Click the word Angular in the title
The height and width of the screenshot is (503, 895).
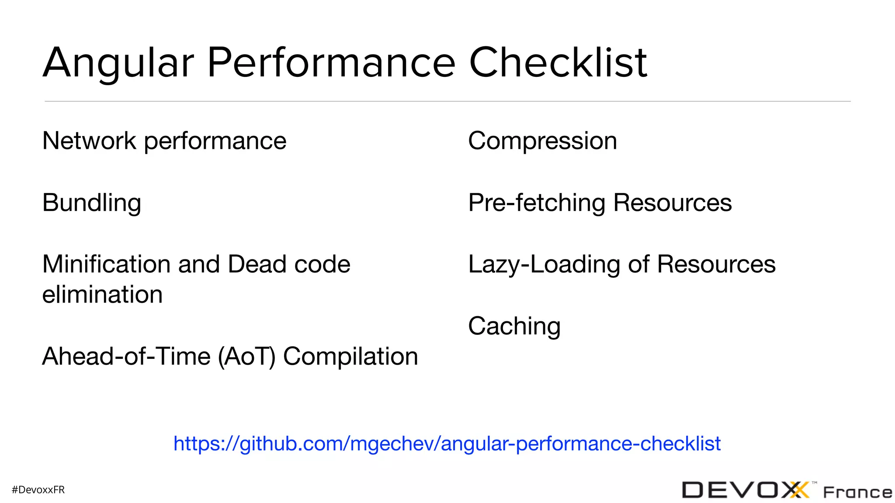(x=118, y=63)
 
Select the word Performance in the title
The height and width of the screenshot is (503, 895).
(x=331, y=63)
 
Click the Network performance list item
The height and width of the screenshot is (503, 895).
(x=164, y=141)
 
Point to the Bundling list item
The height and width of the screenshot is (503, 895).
(x=92, y=203)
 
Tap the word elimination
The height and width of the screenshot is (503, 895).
(x=102, y=294)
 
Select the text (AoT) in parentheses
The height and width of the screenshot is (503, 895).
(x=247, y=356)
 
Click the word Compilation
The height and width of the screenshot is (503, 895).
(x=350, y=356)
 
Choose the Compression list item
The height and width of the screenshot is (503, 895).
(x=542, y=141)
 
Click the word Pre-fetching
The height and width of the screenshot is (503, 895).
(x=537, y=203)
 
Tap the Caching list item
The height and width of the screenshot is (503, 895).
(x=514, y=326)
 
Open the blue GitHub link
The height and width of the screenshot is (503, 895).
(x=447, y=444)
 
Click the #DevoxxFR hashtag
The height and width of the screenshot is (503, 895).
(x=38, y=490)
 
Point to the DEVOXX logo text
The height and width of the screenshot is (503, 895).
(x=745, y=490)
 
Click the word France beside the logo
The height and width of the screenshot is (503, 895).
(x=857, y=493)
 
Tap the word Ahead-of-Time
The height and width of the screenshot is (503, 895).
(x=126, y=356)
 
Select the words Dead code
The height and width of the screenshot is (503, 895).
(x=289, y=264)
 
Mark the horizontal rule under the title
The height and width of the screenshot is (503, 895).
(x=447, y=101)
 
